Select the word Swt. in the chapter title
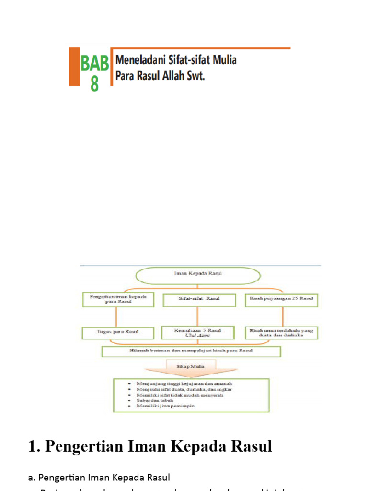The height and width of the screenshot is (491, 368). point(194,76)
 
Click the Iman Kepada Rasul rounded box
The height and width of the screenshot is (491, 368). point(197,275)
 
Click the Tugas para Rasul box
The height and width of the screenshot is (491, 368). point(118,333)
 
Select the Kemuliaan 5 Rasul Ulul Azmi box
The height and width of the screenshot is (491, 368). point(198,333)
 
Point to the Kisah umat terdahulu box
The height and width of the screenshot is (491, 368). point(281,333)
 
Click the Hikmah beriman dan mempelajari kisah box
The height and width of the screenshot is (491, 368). point(191,351)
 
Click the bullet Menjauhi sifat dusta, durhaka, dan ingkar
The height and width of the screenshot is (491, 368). point(184,389)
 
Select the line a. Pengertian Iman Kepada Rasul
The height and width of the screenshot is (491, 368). point(99,477)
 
